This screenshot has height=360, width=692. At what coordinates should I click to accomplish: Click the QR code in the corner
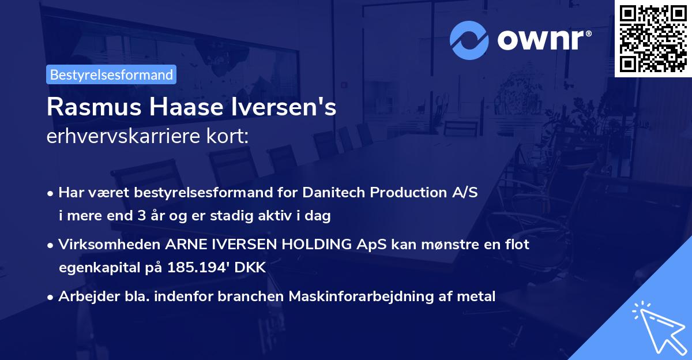653,38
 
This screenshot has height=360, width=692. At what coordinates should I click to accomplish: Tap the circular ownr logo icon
469,40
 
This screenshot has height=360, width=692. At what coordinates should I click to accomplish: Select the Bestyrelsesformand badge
111,74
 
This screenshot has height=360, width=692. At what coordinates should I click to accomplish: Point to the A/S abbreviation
464,193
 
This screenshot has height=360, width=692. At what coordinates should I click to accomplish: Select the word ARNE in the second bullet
185,245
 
